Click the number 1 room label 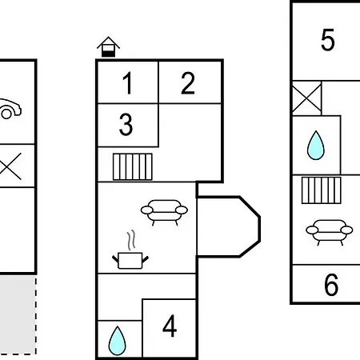click(x=127, y=83)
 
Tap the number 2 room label click(x=188, y=83)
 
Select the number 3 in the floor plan click(x=126, y=124)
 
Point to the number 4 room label click(x=170, y=326)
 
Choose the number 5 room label click(x=328, y=40)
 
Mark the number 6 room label click(x=331, y=285)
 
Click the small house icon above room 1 click(x=108, y=46)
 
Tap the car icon click(x=10, y=109)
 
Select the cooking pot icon click(x=130, y=260)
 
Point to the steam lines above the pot click(x=131, y=240)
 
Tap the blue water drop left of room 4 click(x=117, y=341)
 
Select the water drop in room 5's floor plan click(x=316, y=145)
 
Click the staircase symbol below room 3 click(x=133, y=166)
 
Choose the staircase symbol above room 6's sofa click(x=322, y=190)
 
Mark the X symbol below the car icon click(x=10, y=166)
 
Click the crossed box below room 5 click(x=306, y=98)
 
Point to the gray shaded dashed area click(x=18, y=315)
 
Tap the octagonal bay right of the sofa click(x=228, y=226)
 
